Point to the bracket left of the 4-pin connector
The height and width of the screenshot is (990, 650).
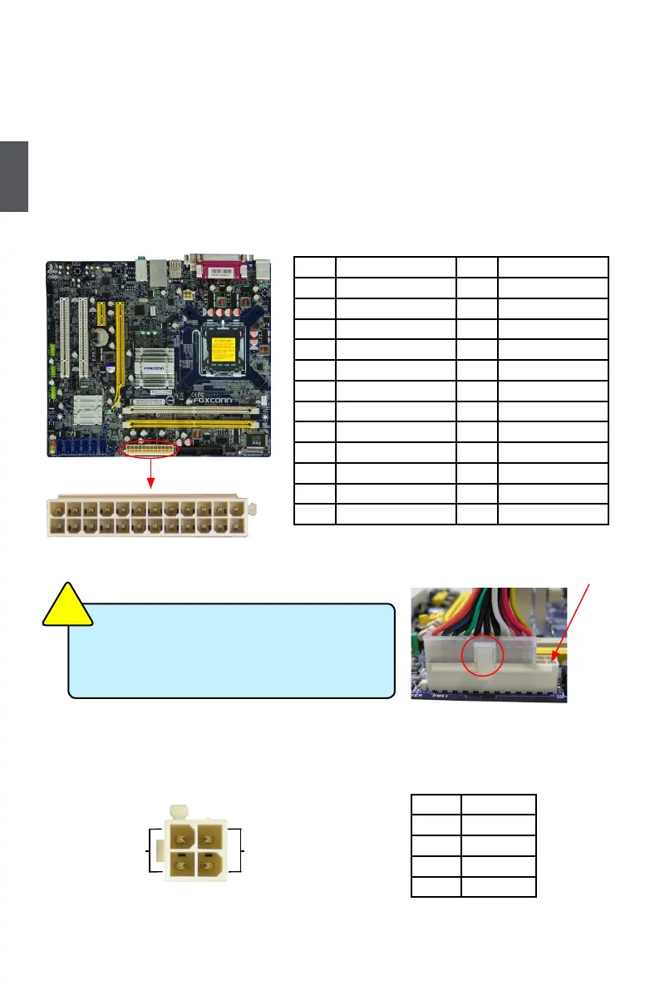[154, 850]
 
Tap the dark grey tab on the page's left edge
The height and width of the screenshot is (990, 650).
[14, 176]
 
